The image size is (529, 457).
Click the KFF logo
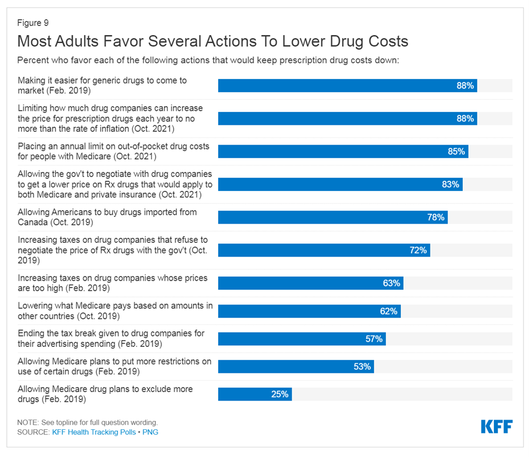point(497,426)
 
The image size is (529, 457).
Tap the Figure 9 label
point(33,23)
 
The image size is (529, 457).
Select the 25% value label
point(280,394)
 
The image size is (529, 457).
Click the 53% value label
point(362,367)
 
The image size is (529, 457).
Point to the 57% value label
point(374,339)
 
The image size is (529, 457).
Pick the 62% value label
point(389,311)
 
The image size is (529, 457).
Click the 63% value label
point(392,283)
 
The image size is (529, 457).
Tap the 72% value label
point(418,250)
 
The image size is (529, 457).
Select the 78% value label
point(436,217)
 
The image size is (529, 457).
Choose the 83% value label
point(451,184)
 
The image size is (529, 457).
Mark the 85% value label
point(457,151)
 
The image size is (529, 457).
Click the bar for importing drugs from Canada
point(333,217)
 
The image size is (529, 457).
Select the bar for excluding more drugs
point(254,394)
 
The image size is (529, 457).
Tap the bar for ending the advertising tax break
point(302,339)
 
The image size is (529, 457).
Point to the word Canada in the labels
point(34,223)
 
